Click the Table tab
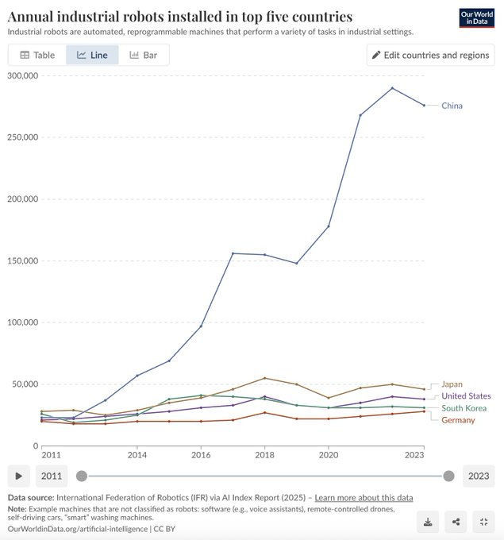pyautogui.click(x=37, y=55)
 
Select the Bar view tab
pyautogui.click(x=144, y=55)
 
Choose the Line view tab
pyautogui.click(x=92, y=55)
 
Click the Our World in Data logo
pyautogui.click(x=477, y=18)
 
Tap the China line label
pyautogui.click(x=452, y=106)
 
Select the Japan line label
pyautogui.click(x=452, y=384)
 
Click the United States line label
pyautogui.click(x=466, y=396)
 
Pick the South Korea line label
pyautogui.click(x=464, y=408)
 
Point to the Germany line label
pyautogui.click(x=458, y=419)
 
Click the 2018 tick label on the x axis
pyautogui.click(x=264, y=456)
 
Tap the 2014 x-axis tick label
pyautogui.click(x=137, y=456)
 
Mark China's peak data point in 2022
pyautogui.click(x=392, y=88)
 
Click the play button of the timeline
pyautogui.click(x=18, y=476)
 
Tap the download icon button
pyautogui.click(x=428, y=522)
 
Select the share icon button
pyautogui.click(x=456, y=522)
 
